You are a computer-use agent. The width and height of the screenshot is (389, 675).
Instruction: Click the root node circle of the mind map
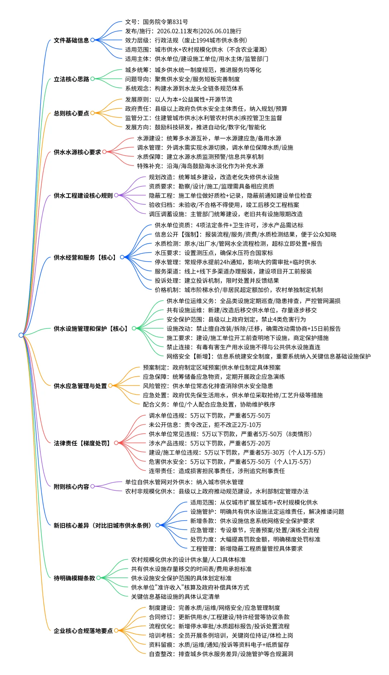click(x=21, y=335)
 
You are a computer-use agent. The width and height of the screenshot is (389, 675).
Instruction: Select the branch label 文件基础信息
click(x=71, y=40)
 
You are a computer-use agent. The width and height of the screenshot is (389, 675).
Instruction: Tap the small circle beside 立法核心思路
click(x=93, y=79)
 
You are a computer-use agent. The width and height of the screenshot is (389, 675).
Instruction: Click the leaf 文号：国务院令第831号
click(x=156, y=22)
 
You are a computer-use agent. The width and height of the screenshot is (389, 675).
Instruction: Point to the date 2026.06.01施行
click(x=221, y=31)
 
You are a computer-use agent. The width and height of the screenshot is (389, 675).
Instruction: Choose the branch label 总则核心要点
click(x=71, y=113)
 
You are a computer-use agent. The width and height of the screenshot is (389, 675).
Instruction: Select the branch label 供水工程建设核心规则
click(x=83, y=195)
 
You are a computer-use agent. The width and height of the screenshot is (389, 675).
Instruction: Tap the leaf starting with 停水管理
click(x=235, y=262)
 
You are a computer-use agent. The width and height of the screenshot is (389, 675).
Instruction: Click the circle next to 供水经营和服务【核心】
click(x=122, y=257)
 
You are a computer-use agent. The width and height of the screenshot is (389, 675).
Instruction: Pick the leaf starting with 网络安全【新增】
click(x=268, y=357)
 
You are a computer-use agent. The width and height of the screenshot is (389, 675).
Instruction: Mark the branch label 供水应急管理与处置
click(x=80, y=386)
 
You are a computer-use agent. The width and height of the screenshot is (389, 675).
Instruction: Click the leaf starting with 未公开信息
click(x=205, y=425)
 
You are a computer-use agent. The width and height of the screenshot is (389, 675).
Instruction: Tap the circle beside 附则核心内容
click(x=93, y=486)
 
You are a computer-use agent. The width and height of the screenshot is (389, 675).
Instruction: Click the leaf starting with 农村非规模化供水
click(x=216, y=491)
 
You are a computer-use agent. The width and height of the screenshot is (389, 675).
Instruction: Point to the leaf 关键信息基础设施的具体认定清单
click(x=175, y=597)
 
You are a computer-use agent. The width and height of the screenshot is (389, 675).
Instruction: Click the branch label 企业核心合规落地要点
click(x=83, y=631)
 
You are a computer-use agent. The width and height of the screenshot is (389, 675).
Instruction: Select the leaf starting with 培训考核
click(x=221, y=635)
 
